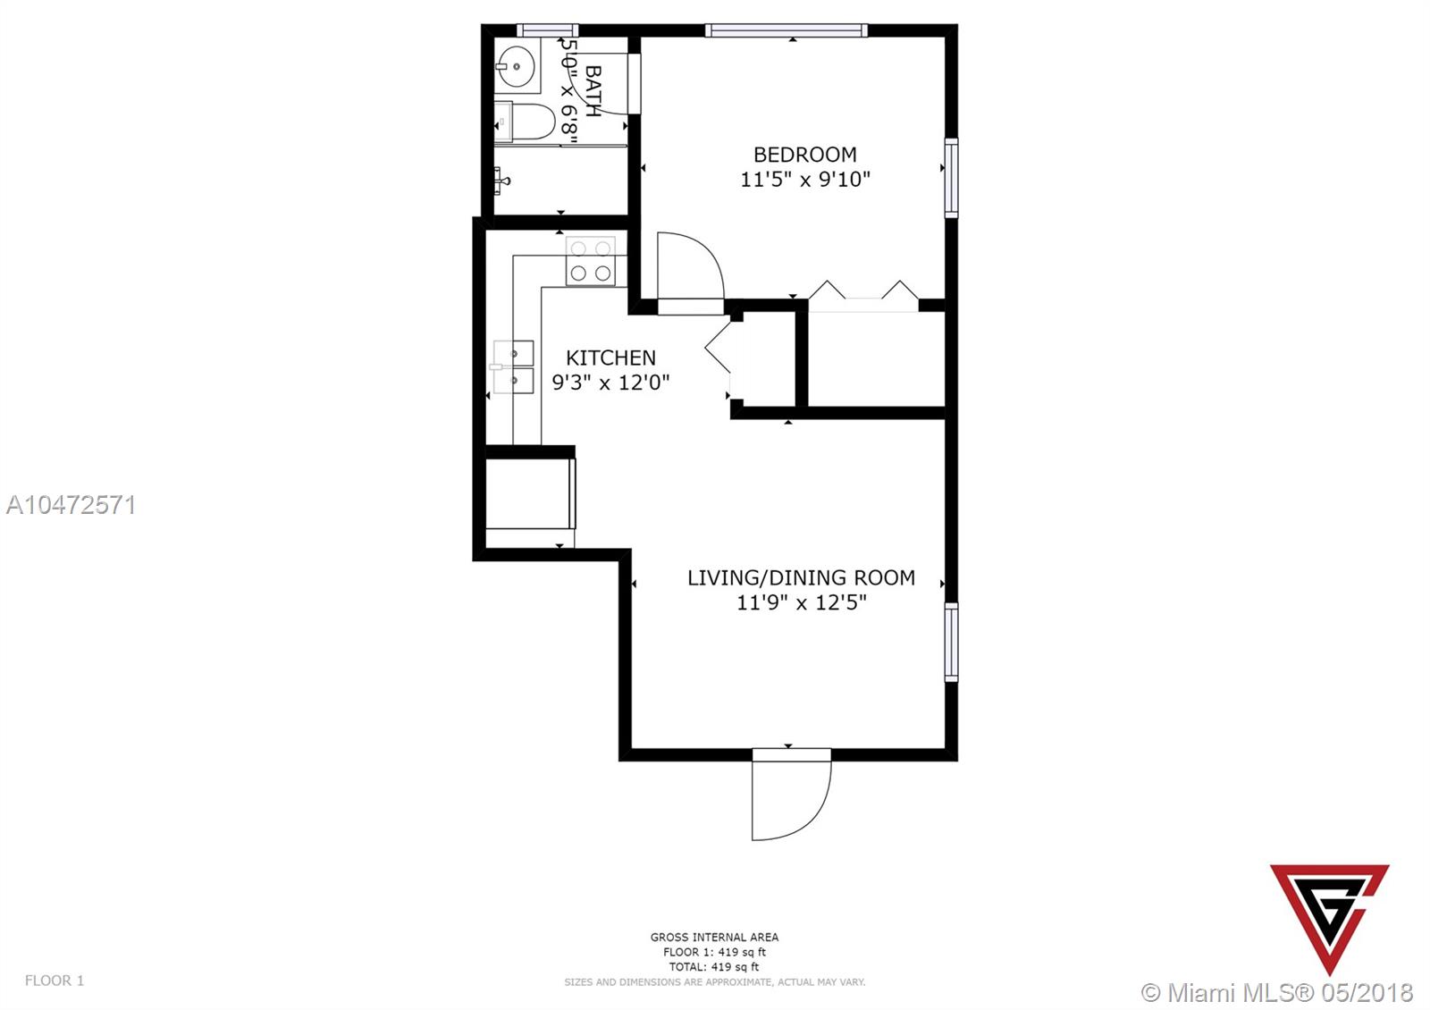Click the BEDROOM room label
tap(804, 155)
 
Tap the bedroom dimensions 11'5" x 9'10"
tap(805, 180)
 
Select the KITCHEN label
tap(611, 358)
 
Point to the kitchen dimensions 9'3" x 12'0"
tap(611, 383)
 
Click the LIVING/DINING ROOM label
tap(801, 577)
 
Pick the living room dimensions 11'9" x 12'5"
tap(802, 602)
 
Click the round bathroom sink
tap(517, 66)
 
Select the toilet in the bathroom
tap(525, 122)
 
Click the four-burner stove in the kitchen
tap(591, 261)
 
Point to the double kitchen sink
tap(513, 367)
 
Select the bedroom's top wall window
tap(786, 30)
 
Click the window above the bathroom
tap(548, 30)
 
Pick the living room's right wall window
tap(951, 642)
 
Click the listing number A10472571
tap(71, 505)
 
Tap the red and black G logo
tap(1329, 919)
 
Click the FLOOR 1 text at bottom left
tap(55, 980)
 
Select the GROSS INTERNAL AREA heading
tap(714, 938)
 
